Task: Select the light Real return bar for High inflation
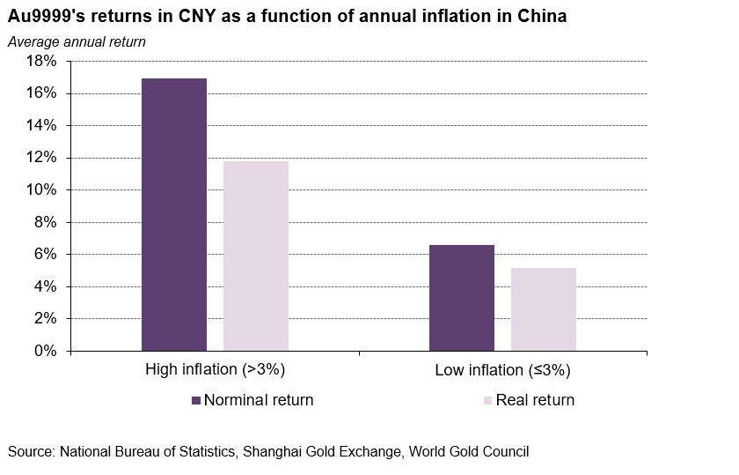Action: [256, 256]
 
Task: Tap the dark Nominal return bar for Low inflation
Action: [462, 298]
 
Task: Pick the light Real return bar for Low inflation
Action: [544, 309]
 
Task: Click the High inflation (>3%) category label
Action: [216, 369]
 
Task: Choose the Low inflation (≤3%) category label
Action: [503, 369]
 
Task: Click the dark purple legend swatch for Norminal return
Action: [196, 401]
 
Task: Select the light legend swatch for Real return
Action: [488, 401]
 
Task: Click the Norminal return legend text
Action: [259, 400]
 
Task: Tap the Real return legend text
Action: [535, 400]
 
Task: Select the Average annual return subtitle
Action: [77, 41]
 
